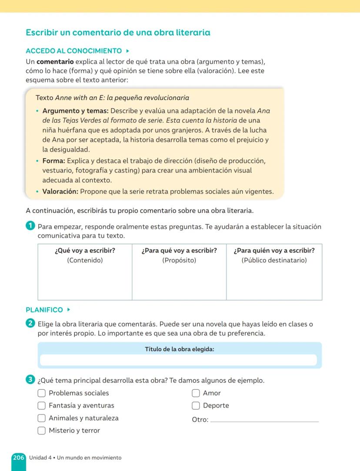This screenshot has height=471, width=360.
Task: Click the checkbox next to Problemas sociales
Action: click(x=41, y=393)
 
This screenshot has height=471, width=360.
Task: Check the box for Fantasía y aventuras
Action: click(x=41, y=406)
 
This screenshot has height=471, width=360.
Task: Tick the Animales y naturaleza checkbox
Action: click(x=41, y=418)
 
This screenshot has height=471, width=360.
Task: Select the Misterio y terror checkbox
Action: click(x=41, y=431)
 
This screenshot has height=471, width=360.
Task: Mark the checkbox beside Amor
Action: click(x=196, y=393)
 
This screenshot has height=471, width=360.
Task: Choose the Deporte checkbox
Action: click(x=196, y=406)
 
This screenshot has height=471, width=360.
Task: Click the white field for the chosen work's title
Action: click(x=178, y=360)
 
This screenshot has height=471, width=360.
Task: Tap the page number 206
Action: click(x=18, y=458)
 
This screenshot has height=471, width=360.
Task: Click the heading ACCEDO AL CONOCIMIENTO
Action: click(x=73, y=51)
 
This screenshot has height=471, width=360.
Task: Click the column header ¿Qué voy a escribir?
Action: click(x=85, y=251)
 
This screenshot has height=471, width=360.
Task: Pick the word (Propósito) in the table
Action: click(x=179, y=261)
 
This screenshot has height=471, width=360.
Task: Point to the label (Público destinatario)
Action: click(x=274, y=261)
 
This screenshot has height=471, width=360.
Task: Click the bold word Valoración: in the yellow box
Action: click(x=60, y=192)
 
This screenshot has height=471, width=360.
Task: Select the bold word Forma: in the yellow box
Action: click(x=53, y=161)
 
